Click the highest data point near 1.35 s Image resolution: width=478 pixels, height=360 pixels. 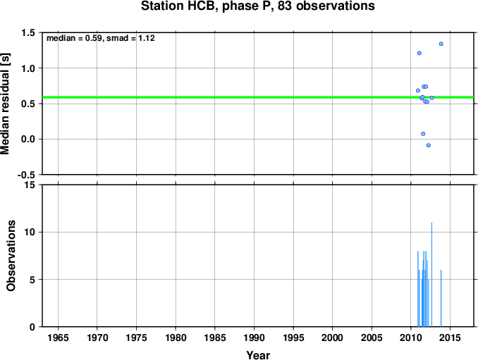pyautogui.click(x=441, y=44)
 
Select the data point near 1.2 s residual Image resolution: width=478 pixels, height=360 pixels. pyautogui.click(x=419, y=54)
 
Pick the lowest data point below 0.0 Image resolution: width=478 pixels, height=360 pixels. pyautogui.click(x=429, y=145)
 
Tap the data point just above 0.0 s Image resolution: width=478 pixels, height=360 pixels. pyautogui.click(x=423, y=134)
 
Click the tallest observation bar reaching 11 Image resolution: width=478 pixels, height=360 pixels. pyautogui.click(x=431, y=275)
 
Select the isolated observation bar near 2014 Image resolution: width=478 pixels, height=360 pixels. pyautogui.click(x=441, y=298)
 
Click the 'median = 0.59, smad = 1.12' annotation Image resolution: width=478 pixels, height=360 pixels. pyautogui.click(x=101, y=38)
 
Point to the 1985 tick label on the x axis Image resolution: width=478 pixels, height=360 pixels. pyautogui.click(x=215, y=337)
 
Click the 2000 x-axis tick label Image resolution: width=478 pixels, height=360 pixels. pyautogui.click(x=333, y=337)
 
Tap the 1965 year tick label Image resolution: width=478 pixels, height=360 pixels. pyautogui.click(x=58, y=337)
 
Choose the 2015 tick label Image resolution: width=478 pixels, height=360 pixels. pyautogui.click(x=451, y=337)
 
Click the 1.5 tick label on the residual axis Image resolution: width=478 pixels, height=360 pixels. pyautogui.click(x=28, y=32)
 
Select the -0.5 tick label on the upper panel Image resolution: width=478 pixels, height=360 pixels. pyautogui.click(x=26, y=175)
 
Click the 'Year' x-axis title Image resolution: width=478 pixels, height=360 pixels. pyautogui.click(x=258, y=355)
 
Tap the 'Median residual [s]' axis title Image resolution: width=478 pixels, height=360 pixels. pyautogui.click(x=5, y=104)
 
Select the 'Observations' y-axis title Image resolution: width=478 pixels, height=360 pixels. pyautogui.click(x=11, y=256)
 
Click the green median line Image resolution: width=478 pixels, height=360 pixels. pyautogui.click(x=258, y=97)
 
